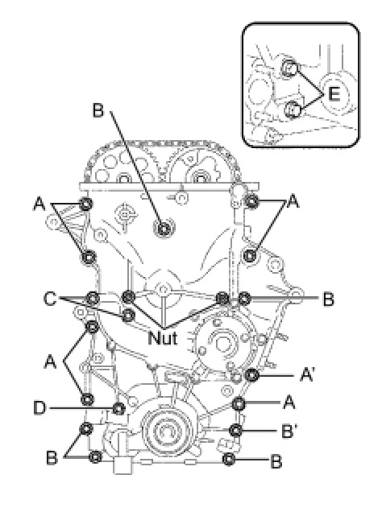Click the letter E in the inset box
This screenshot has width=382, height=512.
334,93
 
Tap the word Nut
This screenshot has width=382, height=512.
163,337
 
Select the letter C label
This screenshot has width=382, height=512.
50,299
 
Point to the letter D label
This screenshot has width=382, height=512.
39,408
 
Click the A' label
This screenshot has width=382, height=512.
307,374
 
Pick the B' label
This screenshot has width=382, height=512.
289,431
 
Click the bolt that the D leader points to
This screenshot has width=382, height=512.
118,408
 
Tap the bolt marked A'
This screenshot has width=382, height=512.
251,375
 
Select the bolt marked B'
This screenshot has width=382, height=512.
236,431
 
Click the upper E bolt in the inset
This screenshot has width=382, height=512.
289,68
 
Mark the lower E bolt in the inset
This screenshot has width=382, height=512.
292,109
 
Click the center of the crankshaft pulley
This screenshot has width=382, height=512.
166,431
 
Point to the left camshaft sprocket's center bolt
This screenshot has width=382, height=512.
124,179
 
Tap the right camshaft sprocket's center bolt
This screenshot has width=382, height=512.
199,178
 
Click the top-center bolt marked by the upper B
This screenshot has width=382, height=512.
163,229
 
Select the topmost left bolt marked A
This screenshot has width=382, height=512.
86,204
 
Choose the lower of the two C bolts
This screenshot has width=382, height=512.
129,315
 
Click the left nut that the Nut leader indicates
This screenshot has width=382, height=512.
128,297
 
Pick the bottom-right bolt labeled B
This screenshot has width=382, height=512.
229,459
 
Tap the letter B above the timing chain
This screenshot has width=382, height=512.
98,109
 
